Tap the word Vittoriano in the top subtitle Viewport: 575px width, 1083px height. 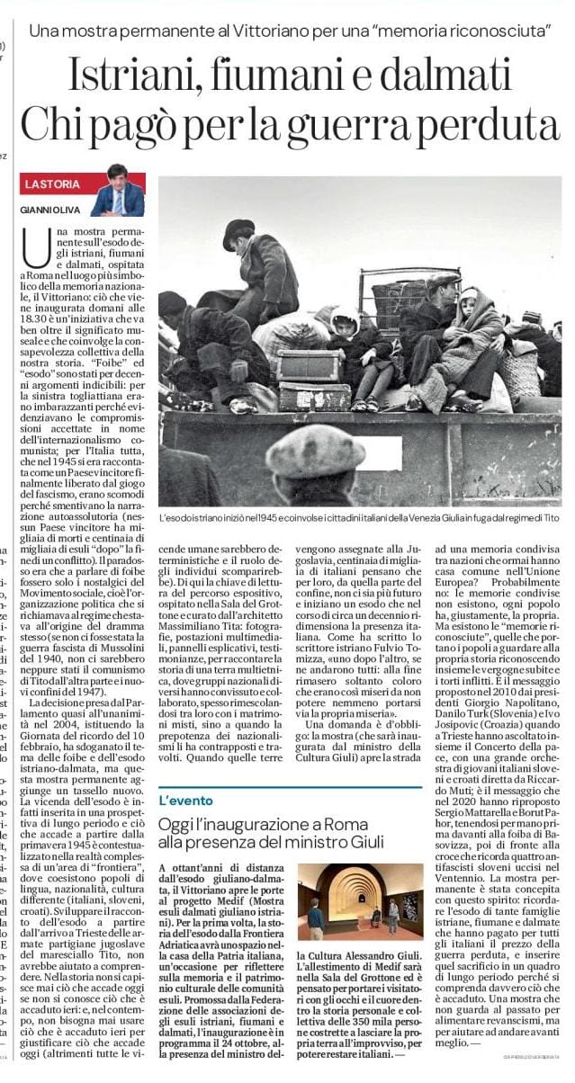pos(280,32)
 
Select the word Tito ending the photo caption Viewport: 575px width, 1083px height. pos(550,519)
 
